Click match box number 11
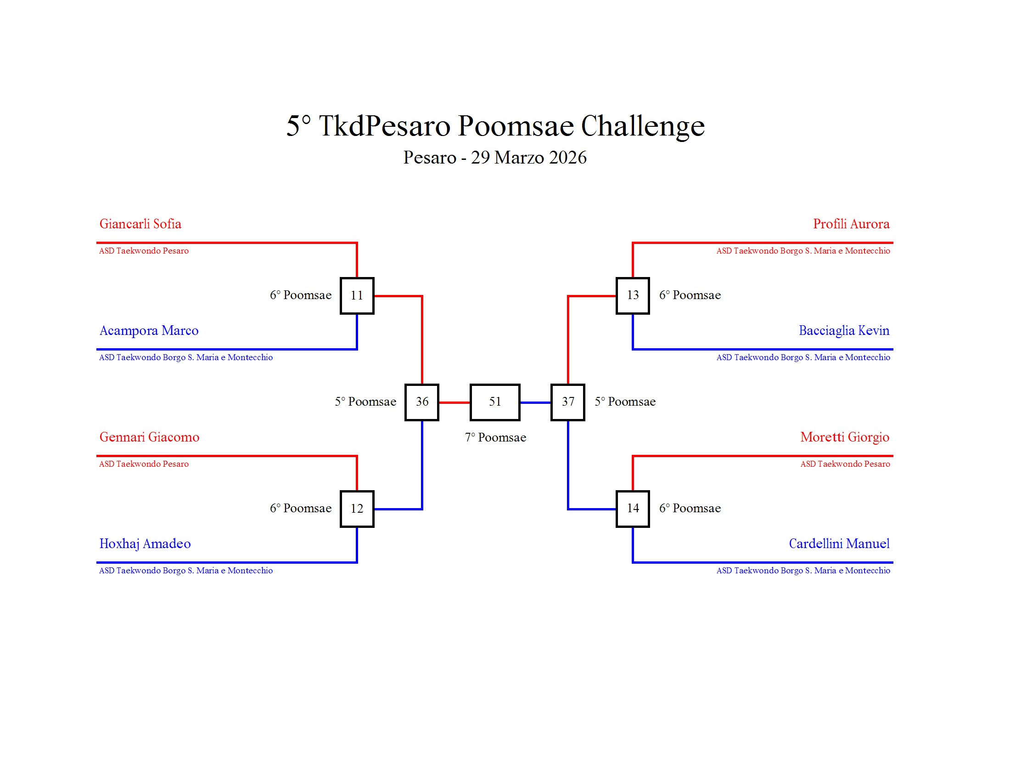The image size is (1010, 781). [357, 296]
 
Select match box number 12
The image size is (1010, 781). [357, 509]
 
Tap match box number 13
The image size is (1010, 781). [632, 296]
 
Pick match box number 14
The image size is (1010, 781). [632, 509]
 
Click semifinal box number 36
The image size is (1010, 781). [422, 402]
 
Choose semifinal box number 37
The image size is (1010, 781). [567, 402]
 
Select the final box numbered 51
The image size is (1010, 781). [495, 402]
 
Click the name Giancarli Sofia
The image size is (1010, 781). [140, 224]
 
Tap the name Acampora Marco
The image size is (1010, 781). [149, 331]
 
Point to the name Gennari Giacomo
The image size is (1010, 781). [149, 437]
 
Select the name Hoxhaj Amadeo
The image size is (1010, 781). [145, 543]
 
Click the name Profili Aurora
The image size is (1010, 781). [851, 224]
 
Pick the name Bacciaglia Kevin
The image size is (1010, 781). [844, 331]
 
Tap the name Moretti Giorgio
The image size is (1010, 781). [844, 437]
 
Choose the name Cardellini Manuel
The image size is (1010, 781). [839, 543]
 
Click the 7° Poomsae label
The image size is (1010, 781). [495, 438]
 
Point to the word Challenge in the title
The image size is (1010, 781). [642, 126]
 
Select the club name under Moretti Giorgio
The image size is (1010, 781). [845, 464]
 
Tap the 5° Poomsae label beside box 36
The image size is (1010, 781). [365, 402]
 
